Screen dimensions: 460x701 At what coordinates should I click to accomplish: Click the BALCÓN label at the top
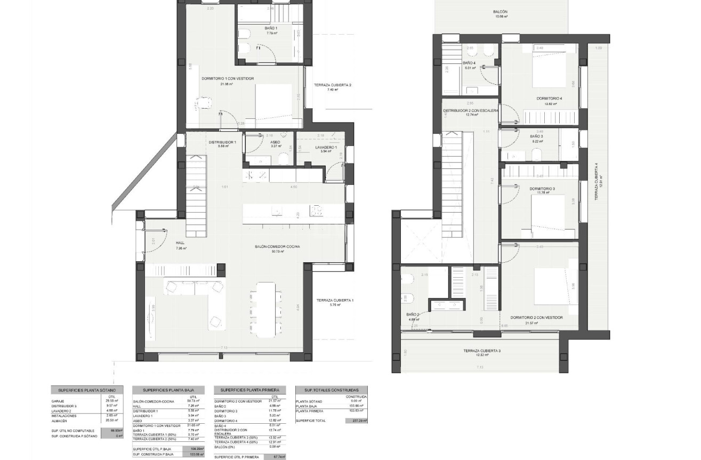point(499,12)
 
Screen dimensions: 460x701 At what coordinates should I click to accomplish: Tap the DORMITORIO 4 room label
point(549,99)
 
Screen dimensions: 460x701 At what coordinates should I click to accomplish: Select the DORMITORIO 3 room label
point(542,189)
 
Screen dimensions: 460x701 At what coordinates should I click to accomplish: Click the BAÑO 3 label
point(536,136)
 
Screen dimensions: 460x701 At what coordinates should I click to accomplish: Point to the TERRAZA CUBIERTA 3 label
point(481,351)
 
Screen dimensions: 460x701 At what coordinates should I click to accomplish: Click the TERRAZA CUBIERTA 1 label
point(334,300)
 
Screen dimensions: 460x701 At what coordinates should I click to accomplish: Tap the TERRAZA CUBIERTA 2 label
point(333,85)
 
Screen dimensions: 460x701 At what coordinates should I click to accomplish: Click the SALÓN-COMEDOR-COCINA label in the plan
point(277,246)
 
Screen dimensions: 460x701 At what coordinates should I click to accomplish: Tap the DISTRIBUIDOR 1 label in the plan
point(222,142)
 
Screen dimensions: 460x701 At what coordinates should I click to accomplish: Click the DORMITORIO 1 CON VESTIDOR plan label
point(228,79)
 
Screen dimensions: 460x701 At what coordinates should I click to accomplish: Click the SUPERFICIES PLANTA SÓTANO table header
point(87,390)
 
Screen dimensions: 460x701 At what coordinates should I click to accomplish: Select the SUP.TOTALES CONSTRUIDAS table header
point(332,390)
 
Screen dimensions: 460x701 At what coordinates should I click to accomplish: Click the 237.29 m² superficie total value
point(357,421)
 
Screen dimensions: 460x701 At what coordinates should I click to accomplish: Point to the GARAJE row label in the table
point(58,401)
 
